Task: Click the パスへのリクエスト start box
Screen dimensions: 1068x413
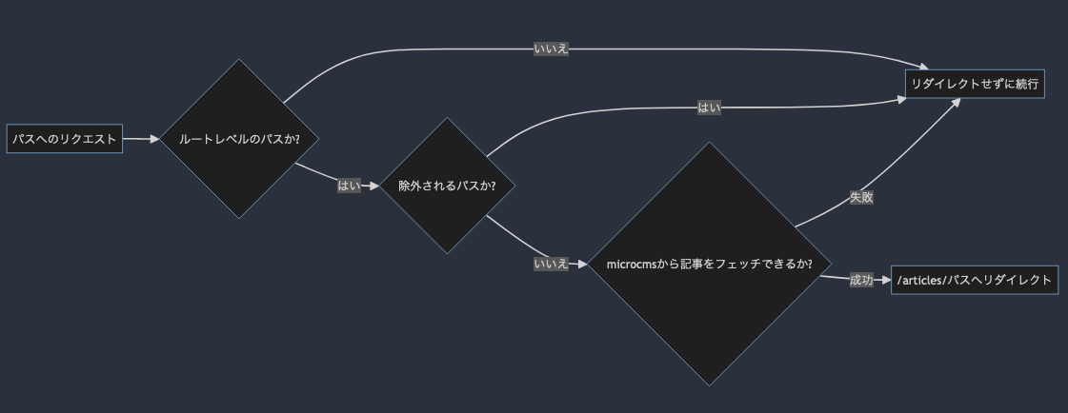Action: point(65,139)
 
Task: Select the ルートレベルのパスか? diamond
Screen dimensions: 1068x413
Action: point(239,139)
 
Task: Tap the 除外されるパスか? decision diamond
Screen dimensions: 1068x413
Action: point(447,186)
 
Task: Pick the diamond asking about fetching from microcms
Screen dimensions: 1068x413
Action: point(709,264)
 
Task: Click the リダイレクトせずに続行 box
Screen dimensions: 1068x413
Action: point(974,84)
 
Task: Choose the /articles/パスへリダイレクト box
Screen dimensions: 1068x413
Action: point(974,280)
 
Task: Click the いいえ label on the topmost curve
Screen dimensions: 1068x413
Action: point(551,49)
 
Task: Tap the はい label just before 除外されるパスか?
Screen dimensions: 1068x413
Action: point(349,186)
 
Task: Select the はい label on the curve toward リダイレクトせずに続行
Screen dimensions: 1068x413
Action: point(709,108)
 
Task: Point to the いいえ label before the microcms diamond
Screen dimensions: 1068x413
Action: point(551,264)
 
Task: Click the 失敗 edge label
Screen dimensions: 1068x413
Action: point(861,198)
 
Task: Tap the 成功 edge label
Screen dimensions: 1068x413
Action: point(861,280)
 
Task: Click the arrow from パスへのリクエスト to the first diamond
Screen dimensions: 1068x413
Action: point(141,139)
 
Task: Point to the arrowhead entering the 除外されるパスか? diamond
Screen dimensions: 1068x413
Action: point(374,186)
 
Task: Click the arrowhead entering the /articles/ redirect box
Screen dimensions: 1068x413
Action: point(885,280)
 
